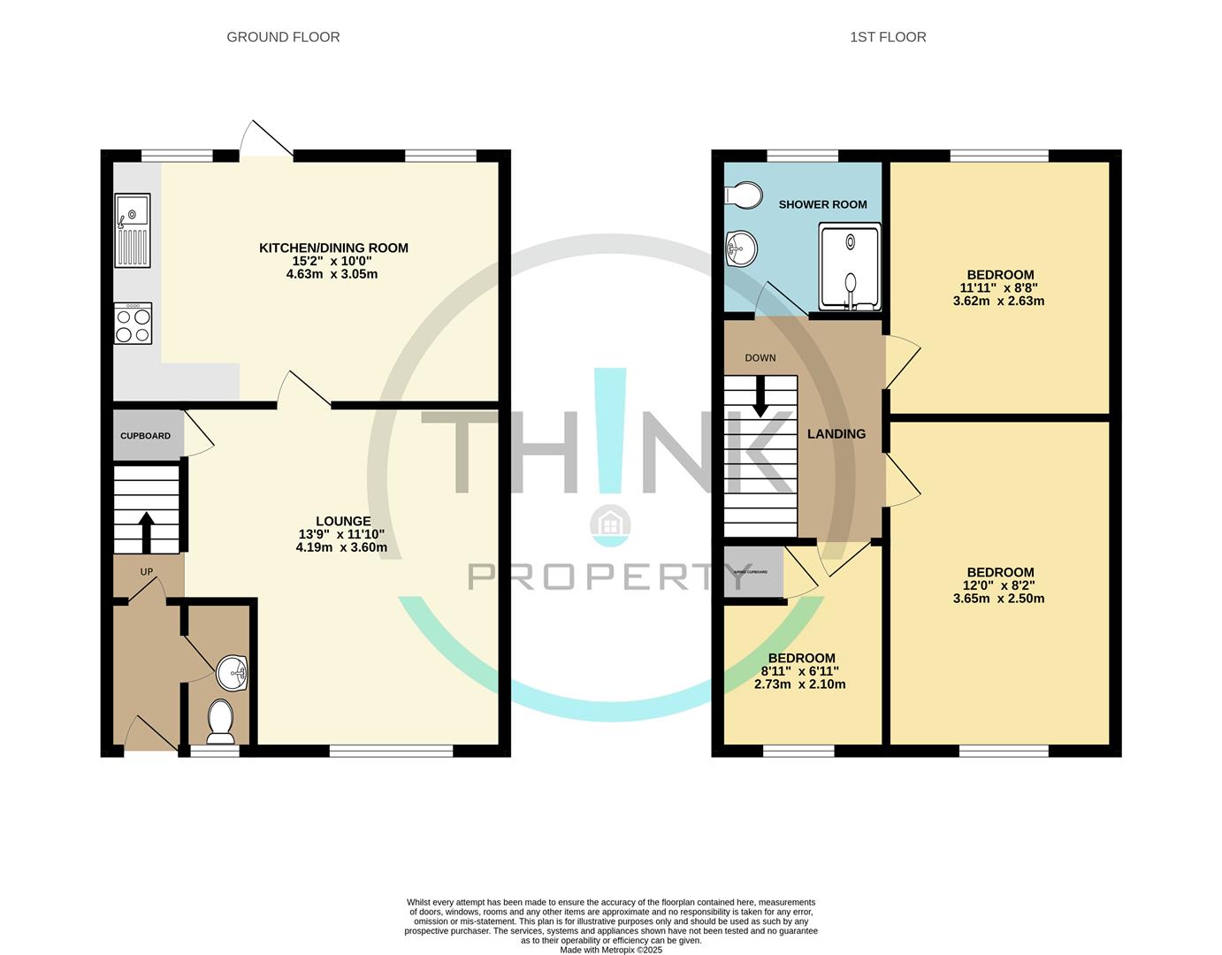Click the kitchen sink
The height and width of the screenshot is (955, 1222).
133,230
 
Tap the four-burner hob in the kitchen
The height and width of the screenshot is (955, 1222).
133,324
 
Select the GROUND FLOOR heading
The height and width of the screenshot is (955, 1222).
283,37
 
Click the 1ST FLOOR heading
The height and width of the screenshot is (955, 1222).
888,37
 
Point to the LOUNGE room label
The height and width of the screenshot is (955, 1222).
343,521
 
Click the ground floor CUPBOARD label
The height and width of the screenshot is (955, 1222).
145,436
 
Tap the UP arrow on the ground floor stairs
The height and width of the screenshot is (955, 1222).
147,531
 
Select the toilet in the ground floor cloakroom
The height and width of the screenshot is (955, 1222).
219,721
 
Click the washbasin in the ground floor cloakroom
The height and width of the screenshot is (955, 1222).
234,674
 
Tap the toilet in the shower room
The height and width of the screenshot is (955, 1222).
742,195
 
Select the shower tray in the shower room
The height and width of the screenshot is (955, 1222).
850,266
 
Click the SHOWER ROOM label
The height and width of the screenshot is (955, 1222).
822,204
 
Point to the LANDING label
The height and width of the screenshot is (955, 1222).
836,433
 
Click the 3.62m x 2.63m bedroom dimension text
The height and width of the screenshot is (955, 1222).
998,301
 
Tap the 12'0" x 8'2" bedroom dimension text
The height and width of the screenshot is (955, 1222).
1000,585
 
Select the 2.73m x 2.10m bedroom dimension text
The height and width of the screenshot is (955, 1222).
799,684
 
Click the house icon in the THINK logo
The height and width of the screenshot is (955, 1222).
610,525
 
